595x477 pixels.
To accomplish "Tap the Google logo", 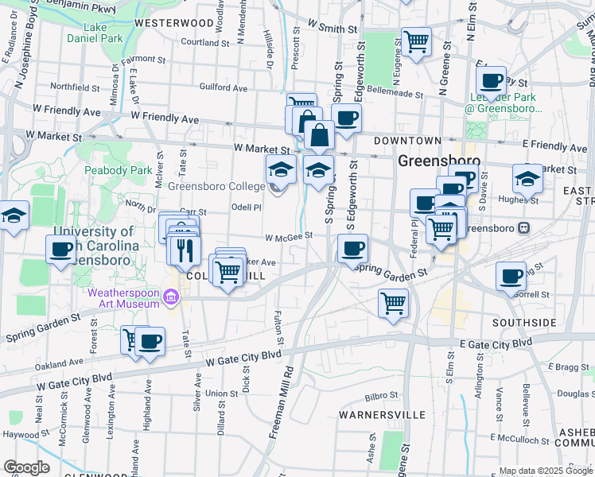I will point(26,467).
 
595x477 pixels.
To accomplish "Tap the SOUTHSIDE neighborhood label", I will point(523,323).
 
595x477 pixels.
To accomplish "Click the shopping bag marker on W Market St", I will point(319,135).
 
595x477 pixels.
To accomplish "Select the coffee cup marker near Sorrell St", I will point(511,276).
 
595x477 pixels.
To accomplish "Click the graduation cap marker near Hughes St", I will point(526,179).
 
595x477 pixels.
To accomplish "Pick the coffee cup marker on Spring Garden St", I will point(352,248).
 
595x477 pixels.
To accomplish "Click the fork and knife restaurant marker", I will point(184,250).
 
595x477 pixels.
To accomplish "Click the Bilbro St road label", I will point(381,395).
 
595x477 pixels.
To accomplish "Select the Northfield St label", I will point(73,86).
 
